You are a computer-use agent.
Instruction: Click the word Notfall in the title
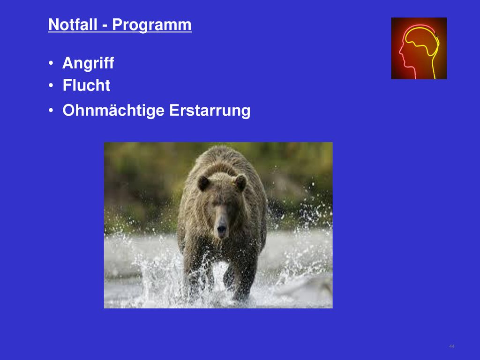click(x=73, y=24)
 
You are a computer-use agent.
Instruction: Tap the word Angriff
click(x=88, y=63)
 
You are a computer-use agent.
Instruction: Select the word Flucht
click(x=86, y=85)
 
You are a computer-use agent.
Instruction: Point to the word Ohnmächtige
click(x=113, y=110)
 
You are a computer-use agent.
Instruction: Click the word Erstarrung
click(x=210, y=111)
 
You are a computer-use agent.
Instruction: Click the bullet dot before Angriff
click(x=51, y=63)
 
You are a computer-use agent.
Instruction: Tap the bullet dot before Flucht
click(x=51, y=85)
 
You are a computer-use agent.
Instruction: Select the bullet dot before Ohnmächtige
click(x=51, y=111)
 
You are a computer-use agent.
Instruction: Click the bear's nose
click(x=222, y=229)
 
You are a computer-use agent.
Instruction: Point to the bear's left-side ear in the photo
click(x=203, y=183)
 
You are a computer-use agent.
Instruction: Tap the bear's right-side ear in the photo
click(x=240, y=182)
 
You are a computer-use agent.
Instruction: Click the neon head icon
click(x=419, y=48)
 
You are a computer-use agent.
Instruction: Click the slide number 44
click(x=451, y=346)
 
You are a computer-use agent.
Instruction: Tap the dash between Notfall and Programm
click(x=105, y=26)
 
